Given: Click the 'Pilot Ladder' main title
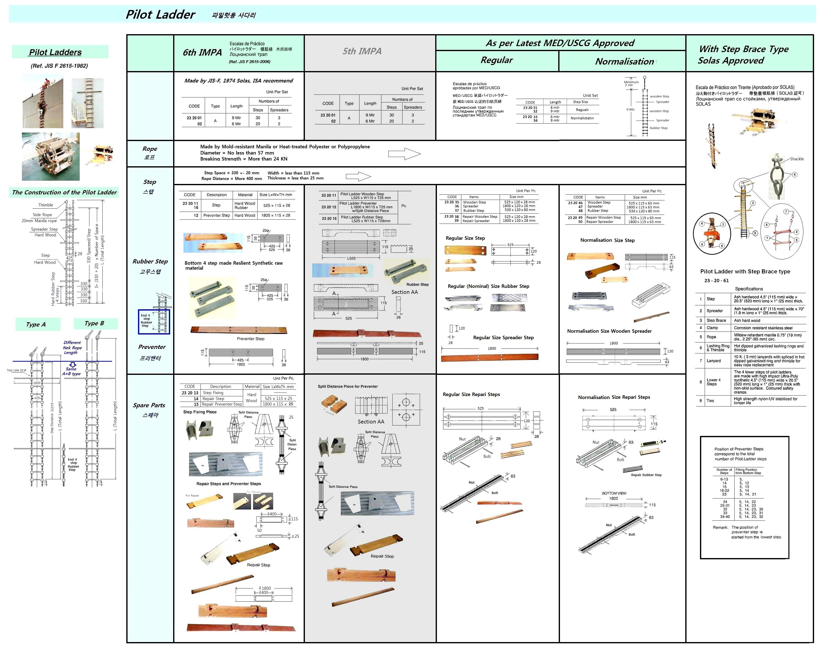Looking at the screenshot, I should [x=160, y=15].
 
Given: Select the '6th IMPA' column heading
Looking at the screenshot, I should [x=202, y=52].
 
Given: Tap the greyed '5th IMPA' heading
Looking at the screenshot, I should [x=362, y=51].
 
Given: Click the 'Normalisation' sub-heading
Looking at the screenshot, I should [x=624, y=61].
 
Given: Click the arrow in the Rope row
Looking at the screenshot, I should [x=404, y=154].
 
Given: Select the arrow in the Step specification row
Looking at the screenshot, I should [x=358, y=177].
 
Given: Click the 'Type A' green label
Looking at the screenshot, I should [x=36, y=324].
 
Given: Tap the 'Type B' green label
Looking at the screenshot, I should [x=94, y=323].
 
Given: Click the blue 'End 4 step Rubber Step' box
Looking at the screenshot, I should [x=154, y=322].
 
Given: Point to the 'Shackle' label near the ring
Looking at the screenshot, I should [x=796, y=159].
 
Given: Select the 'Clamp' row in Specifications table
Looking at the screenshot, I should [x=712, y=328].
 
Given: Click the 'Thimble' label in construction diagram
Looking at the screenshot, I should [x=46, y=205].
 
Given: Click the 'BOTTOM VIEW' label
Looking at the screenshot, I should [x=614, y=493].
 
